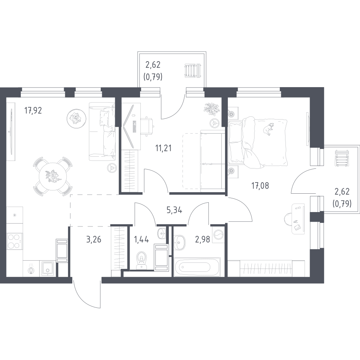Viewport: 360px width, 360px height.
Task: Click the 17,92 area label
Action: [x=33, y=111]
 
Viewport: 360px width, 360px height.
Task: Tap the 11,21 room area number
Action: [x=163, y=148]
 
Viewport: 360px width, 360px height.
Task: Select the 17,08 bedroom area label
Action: [x=260, y=185]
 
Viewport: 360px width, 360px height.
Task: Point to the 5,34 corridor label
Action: [x=175, y=210]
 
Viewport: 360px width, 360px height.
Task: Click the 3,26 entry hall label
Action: [x=94, y=239]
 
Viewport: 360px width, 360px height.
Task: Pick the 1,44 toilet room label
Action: [x=141, y=239]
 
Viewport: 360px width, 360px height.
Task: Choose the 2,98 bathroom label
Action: [x=202, y=239]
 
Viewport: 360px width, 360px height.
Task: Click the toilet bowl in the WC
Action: [x=141, y=261]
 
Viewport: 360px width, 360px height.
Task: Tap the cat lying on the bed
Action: [x=268, y=129]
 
